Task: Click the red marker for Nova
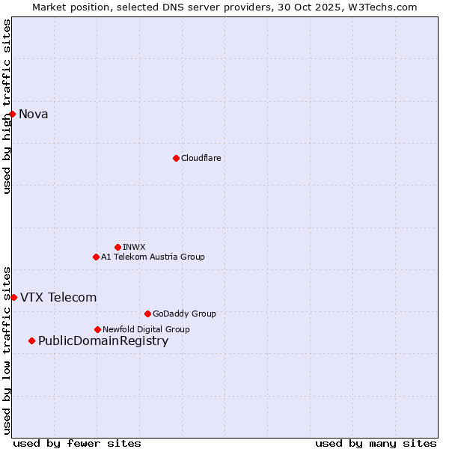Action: point(13,114)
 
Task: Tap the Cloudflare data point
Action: point(176,158)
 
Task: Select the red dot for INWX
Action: point(117,247)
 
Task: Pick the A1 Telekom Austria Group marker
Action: point(96,257)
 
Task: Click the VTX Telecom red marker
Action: point(13,297)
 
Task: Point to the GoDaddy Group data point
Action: point(147,314)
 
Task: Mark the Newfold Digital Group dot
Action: point(97,329)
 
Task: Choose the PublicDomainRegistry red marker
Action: point(31,341)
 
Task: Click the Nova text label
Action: point(34,114)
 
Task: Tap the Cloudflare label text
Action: point(201,158)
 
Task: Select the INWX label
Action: point(135,247)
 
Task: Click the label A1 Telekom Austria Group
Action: point(153,257)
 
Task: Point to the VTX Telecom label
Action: point(58,297)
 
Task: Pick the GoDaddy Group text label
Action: point(184,314)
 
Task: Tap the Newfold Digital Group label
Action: point(146,329)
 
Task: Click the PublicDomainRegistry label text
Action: point(103,341)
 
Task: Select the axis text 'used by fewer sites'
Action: point(77,443)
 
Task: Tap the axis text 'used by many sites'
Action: point(376,443)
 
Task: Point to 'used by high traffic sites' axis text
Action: point(7,106)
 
